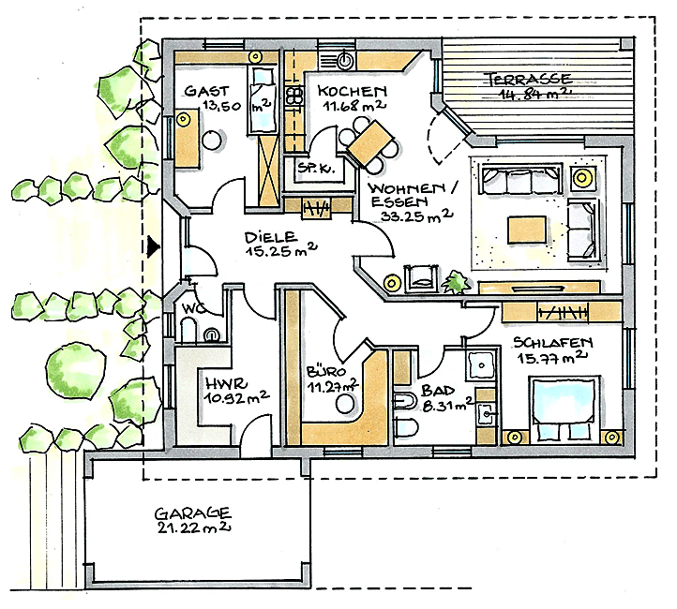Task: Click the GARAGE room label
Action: [x=193, y=513]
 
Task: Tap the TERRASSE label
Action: [x=530, y=79]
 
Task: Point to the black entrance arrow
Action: [x=153, y=246]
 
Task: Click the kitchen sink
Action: [x=345, y=61]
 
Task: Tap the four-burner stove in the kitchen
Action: [x=294, y=97]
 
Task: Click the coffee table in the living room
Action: [x=527, y=230]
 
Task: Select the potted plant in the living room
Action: [x=456, y=283]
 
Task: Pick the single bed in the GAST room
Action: [x=262, y=99]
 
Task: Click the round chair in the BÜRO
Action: [x=346, y=405]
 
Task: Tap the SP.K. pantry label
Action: [x=317, y=168]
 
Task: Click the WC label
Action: [x=192, y=308]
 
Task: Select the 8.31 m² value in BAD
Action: [x=445, y=406]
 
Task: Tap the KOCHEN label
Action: [x=352, y=91]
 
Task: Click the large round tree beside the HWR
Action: [x=76, y=371]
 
